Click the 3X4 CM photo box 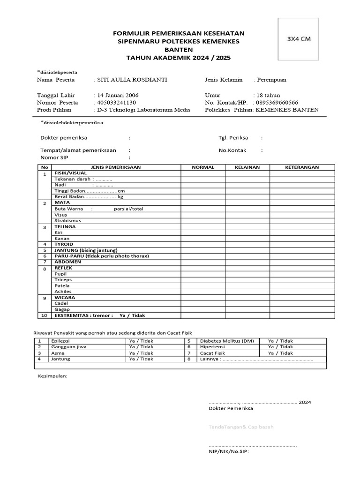pos(298,39)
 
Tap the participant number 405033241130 pos(116,102)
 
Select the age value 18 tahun pos(268,95)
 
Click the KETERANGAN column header pos(302,167)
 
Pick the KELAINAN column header pos(247,167)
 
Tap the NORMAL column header pos(203,167)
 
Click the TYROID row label pos(65,244)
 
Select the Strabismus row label pos(67,220)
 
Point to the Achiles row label pos(63,292)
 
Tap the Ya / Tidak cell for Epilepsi pos(141,341)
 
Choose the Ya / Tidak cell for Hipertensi pos(280,347)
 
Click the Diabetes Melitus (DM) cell pos(227,341)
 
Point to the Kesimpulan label pos(52,376)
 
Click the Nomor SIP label pos(54,158)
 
